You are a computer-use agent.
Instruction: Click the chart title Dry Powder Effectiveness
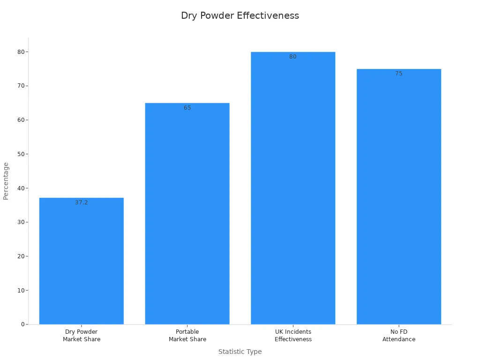click(x=240, y=15)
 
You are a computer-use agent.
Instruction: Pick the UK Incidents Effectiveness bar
click(x=293, y=188)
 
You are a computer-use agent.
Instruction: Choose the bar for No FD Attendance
click(x=398, y=196)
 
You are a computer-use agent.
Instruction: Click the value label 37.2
click(x=82, y=202)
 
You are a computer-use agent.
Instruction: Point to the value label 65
click(x=187, y=108)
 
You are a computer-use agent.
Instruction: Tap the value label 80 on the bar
click(x=293, y=57)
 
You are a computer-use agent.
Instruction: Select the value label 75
click(x=398, y=74)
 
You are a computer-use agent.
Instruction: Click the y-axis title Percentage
click(x=6, y=181)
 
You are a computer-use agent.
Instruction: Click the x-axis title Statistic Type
click(x=240, y=352)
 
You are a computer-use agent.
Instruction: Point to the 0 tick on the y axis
click(x=22, y=324)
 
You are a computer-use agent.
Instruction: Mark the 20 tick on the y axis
click(x=21, y=256)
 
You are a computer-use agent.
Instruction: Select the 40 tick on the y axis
click(x=21, y=188)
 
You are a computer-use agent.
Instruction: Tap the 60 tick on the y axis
click(x=21, y=120)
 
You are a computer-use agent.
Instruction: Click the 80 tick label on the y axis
click(x=21, y=52)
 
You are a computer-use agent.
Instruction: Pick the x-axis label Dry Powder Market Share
click(x=82, y=336)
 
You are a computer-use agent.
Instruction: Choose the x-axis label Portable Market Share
click(x=187, y=336)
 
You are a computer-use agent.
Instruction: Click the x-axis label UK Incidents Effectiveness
click(x=293, y=336)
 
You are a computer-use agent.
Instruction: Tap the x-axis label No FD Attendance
click(x=398, y=336)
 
